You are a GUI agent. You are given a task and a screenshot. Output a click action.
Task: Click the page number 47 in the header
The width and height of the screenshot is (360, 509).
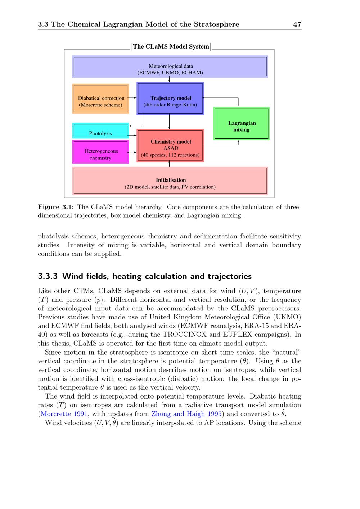(297, 24)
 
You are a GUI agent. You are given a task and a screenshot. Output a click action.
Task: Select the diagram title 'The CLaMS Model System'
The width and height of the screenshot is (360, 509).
(171, 46)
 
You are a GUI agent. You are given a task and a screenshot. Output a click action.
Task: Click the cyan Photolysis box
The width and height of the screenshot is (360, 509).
(100, 131)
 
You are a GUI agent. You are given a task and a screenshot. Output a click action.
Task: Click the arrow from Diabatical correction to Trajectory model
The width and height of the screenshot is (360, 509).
(132, 98)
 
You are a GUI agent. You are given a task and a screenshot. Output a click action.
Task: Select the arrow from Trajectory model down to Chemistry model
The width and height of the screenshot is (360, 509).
(169, 122)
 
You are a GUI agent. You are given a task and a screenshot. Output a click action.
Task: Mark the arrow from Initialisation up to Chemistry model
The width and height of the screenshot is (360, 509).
(169, 164)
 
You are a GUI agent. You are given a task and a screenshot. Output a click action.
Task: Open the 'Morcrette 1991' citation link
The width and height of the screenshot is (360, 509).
(64, 414)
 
